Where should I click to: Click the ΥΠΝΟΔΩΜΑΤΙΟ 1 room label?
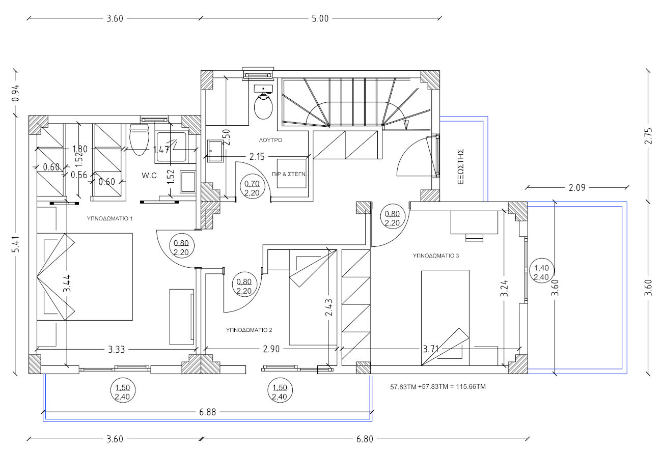pos(110,219)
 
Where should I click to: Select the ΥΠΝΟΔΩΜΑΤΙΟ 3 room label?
pos(436,256)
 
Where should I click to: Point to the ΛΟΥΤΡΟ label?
pos(270,139)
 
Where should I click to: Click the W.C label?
pos(149,176)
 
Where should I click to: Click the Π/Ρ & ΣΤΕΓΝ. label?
pos(289,174)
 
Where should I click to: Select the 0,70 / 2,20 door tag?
pos(252,188)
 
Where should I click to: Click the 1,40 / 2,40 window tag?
pos(540,272)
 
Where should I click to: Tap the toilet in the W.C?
pos(139,139)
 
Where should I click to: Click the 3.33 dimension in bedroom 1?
pos(117,350)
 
